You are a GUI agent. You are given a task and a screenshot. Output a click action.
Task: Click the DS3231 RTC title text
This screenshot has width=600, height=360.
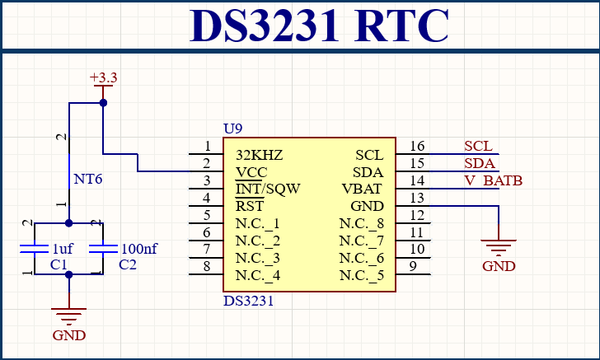[x=319, y=26]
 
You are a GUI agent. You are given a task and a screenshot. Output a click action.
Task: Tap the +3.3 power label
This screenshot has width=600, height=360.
[x=103, y=77]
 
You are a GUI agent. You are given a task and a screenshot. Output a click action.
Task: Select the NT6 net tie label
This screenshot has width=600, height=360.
[x=87, y=179]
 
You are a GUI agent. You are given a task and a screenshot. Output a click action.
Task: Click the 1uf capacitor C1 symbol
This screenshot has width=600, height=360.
[x=34, y=249]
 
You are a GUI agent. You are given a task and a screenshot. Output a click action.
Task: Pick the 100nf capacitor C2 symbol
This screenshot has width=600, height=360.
[x=103, y=249]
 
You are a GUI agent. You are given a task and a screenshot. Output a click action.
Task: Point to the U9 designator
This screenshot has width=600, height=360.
[x=232, y=129]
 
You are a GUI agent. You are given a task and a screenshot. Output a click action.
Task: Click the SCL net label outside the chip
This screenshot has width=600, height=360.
[x=478, y=146]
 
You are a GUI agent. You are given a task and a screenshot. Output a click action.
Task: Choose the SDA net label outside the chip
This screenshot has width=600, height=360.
[x=480, y=163]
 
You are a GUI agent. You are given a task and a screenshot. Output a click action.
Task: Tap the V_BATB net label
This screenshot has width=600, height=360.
[x=493, y=180]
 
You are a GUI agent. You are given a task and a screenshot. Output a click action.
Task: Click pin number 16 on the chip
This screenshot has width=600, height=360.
[x=417, y=146]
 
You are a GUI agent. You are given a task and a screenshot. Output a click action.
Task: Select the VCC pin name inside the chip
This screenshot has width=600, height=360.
[x=251, y=172]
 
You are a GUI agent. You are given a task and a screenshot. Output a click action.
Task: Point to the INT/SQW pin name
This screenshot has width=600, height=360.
[x=268, y=189]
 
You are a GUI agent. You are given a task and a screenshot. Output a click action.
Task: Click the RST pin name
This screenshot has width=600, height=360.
[x=250, y=206]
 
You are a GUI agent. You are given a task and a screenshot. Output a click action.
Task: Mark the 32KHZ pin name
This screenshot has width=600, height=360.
[x=260, y=155]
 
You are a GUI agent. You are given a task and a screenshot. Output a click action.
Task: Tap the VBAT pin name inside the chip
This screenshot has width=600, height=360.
[x=362, y=189]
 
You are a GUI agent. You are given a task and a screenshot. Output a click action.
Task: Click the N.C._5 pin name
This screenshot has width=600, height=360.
[x=362, y=275]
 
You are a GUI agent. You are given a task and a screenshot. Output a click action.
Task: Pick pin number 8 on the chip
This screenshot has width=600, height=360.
[x=207, y=266]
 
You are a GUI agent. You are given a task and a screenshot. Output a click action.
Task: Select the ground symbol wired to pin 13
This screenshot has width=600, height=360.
[x=499, y=247]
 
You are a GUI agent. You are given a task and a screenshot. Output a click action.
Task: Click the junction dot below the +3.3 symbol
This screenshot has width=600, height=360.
[x=103, y=102]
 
